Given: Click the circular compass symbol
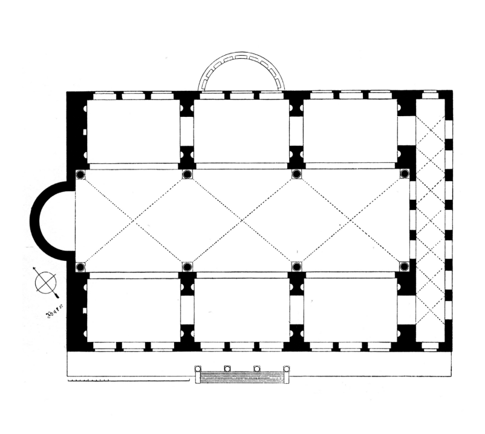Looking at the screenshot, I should (45, 282).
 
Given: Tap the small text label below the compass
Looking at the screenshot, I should (54, 314).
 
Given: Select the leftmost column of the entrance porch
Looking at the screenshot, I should (197, 369).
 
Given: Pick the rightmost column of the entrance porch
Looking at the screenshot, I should (287, 369).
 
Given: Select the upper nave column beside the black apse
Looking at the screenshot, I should (80, 175).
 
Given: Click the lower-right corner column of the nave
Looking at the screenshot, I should (405, 266).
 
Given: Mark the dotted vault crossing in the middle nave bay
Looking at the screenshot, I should (242, 221).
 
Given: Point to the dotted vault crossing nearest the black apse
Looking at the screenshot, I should (134, 221).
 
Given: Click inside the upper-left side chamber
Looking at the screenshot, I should (133, 131).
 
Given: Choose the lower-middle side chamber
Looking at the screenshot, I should (242, 310).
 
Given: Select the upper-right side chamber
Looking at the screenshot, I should (350, 131).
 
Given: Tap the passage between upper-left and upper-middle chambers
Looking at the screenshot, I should (187, 131).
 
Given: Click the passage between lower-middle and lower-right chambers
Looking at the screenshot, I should (296, 310).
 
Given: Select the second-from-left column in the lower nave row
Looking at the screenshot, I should (187, 266).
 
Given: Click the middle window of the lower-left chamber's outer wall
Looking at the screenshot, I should (133, 347).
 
